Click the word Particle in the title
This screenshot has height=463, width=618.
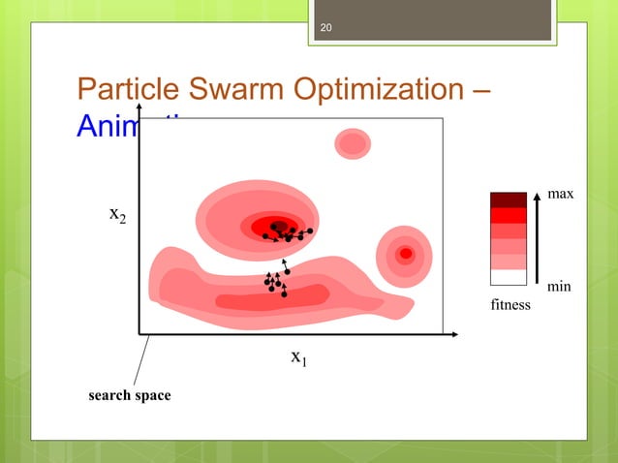coord(124,91)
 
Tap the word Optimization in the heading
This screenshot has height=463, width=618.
coord(374,92)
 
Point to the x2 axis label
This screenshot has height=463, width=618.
coord(116,215)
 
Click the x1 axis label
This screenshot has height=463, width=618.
coord(298,357)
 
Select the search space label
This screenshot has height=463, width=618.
coord(130,395)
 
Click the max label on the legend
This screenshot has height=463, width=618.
coord(561,195)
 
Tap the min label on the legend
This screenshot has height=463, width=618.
coord(559,287)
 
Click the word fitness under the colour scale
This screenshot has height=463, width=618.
coord(510,305)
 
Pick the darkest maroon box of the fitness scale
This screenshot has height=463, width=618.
coord(509,200)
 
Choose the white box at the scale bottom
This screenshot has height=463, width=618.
coord(509,277)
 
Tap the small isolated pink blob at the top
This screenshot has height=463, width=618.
coord(353,144)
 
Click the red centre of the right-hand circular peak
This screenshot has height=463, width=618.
coord(406,254)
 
